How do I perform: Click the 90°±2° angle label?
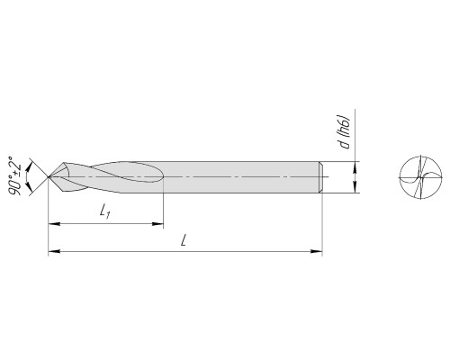(x=14, y=175)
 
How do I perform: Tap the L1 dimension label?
(x=105, y=211)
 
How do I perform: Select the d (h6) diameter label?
(x=346, y=131)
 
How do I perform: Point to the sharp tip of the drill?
(x=49, y=177)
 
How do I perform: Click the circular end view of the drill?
(x=421, y=177)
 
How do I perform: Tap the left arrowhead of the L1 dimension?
(x=54, y=224)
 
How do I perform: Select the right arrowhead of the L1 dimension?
(x=157, y=224)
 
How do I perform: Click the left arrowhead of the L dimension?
(x=54, y=251)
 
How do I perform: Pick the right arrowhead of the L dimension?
(x=316, y=251)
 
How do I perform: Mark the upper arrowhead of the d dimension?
(x=355, y=167)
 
